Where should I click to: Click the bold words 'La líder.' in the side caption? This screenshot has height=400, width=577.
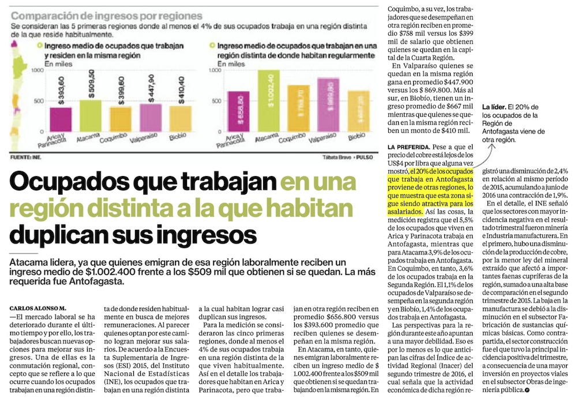point(496,107)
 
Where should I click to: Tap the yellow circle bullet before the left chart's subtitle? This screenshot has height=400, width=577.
point(39,44)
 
